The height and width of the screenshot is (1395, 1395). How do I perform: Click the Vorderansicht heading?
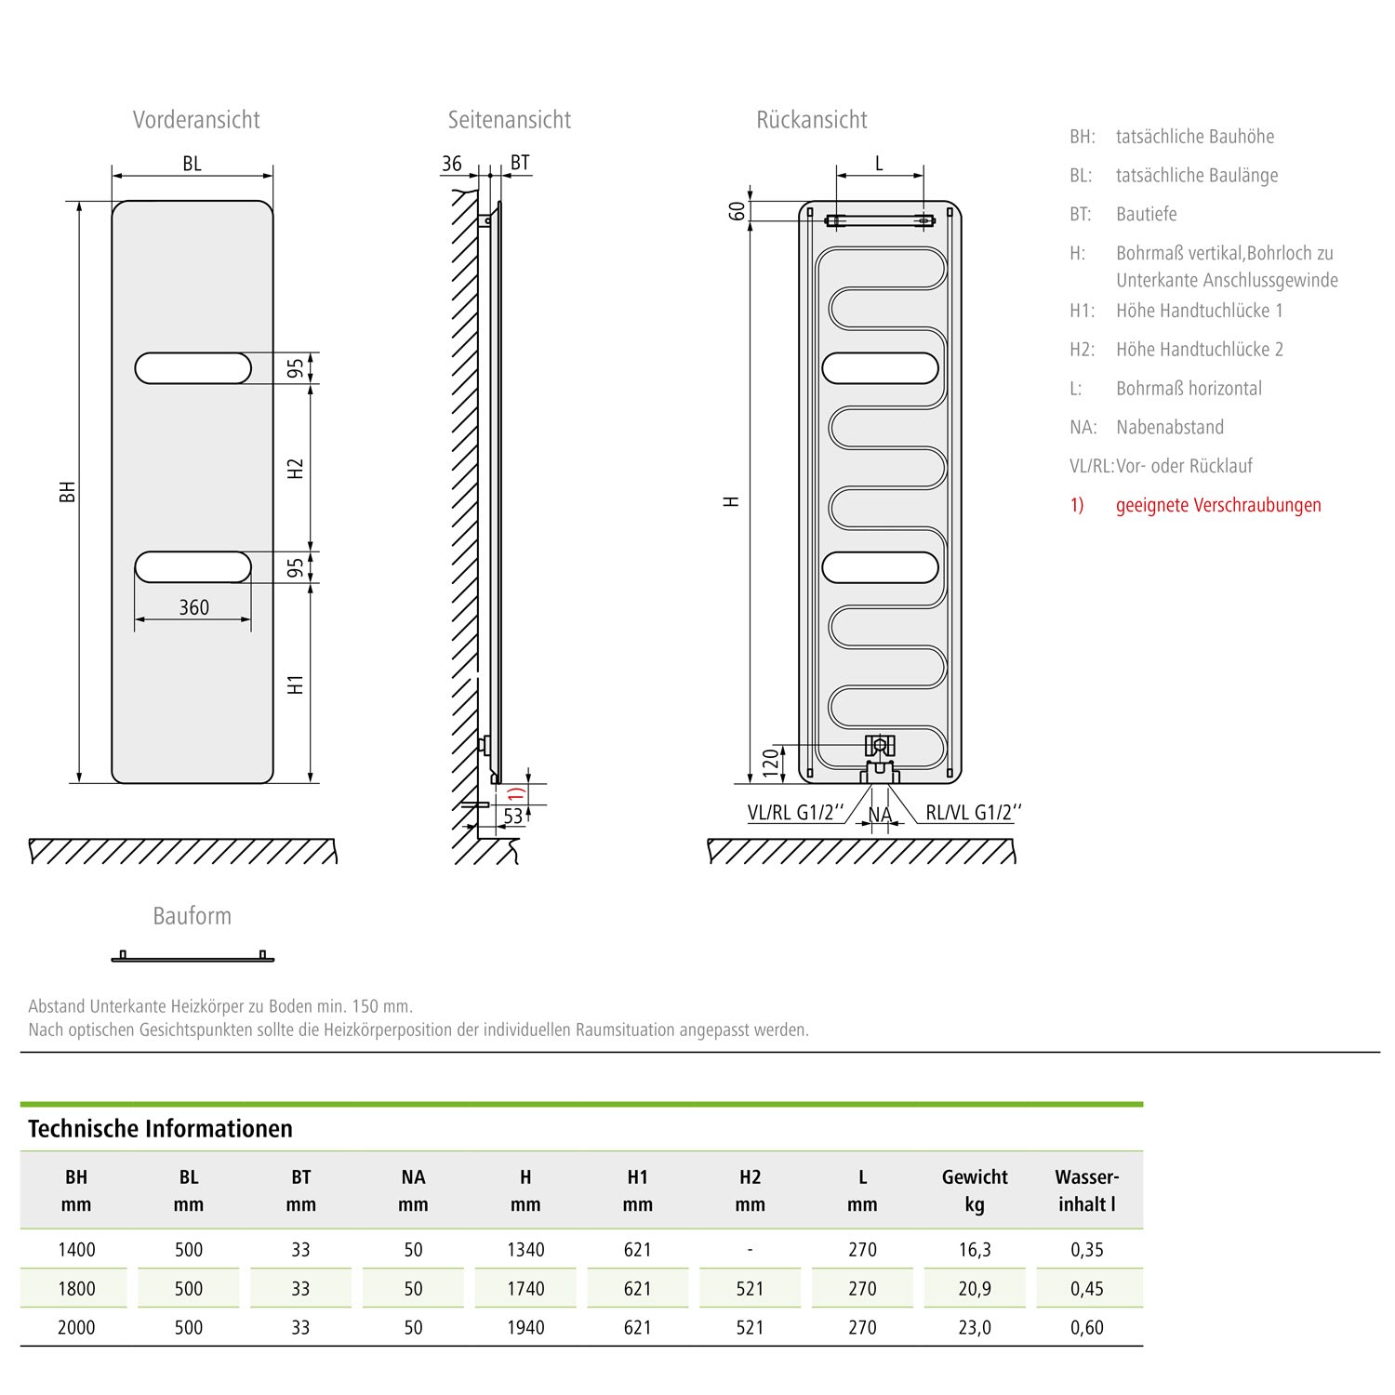(196, 120)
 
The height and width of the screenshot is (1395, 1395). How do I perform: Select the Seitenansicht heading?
(509, 120)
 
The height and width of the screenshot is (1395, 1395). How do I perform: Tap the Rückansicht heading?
(811, 120)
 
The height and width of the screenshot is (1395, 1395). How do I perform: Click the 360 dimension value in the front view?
(193, 607)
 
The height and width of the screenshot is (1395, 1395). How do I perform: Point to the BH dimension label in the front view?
(68, 492)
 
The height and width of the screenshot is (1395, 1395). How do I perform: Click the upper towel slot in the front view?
(193, 368)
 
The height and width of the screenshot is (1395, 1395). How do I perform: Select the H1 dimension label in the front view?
(296, 684)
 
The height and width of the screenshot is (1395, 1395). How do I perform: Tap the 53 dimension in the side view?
(513, 816)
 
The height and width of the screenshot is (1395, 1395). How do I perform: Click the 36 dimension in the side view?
(452, 164)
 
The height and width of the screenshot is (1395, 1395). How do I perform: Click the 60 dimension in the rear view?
(737, 211)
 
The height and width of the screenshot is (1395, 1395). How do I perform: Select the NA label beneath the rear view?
(880, 816)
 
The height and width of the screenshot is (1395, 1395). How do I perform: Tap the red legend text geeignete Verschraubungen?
(1218, 505)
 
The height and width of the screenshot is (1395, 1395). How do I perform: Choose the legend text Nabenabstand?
(1170, 428)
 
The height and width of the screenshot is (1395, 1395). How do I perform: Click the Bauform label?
(192, 916)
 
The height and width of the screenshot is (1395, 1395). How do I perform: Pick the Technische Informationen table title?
(160, 1129)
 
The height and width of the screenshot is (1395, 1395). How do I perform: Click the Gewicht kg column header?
(975, 1190)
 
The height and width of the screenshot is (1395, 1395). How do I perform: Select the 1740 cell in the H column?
(525, 1289)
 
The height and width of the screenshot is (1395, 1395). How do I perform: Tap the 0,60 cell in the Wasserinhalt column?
(1086, 1328)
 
